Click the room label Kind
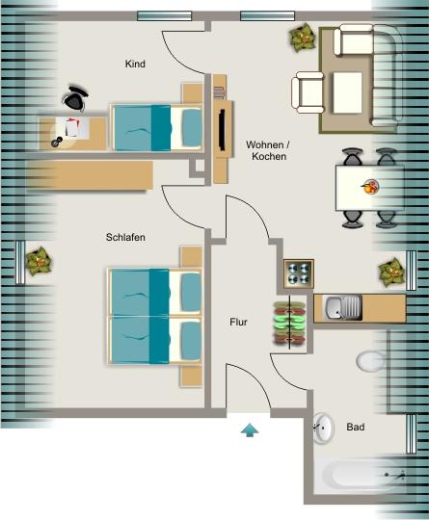(135, 65)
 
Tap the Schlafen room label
(126, 237)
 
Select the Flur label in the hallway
(239, 323)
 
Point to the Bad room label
(356, 427)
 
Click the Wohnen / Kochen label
(267, 149)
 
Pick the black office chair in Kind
(76, 98)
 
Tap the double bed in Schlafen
(155, 315)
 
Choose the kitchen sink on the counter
(342, 309)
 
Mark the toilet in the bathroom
(370, 361)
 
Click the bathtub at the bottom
(364, 476)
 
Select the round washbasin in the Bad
(323, 429)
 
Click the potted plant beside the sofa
(303, 39)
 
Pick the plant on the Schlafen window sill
(39, 260)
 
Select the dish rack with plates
(287, 322)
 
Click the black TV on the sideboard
(223, 131)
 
